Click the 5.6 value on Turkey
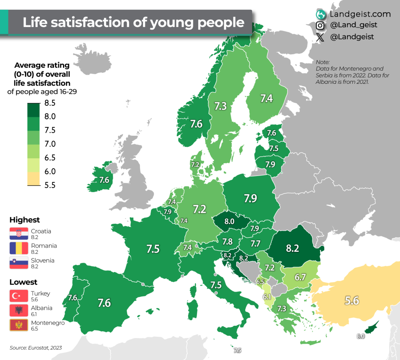click(352, 300)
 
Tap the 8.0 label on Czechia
click(229, 221)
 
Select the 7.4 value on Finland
click(266, 98)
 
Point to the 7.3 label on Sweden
click(220, 106)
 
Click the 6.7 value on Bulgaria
click(300, 277)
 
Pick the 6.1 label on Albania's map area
click(267, 297)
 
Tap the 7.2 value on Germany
click(200, 209)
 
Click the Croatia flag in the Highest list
click(19, 234)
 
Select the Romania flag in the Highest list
click(19, 248)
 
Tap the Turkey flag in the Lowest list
click(19, 296)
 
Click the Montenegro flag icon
click(19, 325)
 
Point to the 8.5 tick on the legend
click(50, 103)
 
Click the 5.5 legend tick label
click(50, 185)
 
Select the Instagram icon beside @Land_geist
click(320, 25)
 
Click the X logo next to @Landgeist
click(320, 37)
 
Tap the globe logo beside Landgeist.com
click(321, 14)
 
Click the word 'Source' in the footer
click(18, 348)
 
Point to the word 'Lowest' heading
click(24, 282)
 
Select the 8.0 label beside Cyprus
click(360, 336)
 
